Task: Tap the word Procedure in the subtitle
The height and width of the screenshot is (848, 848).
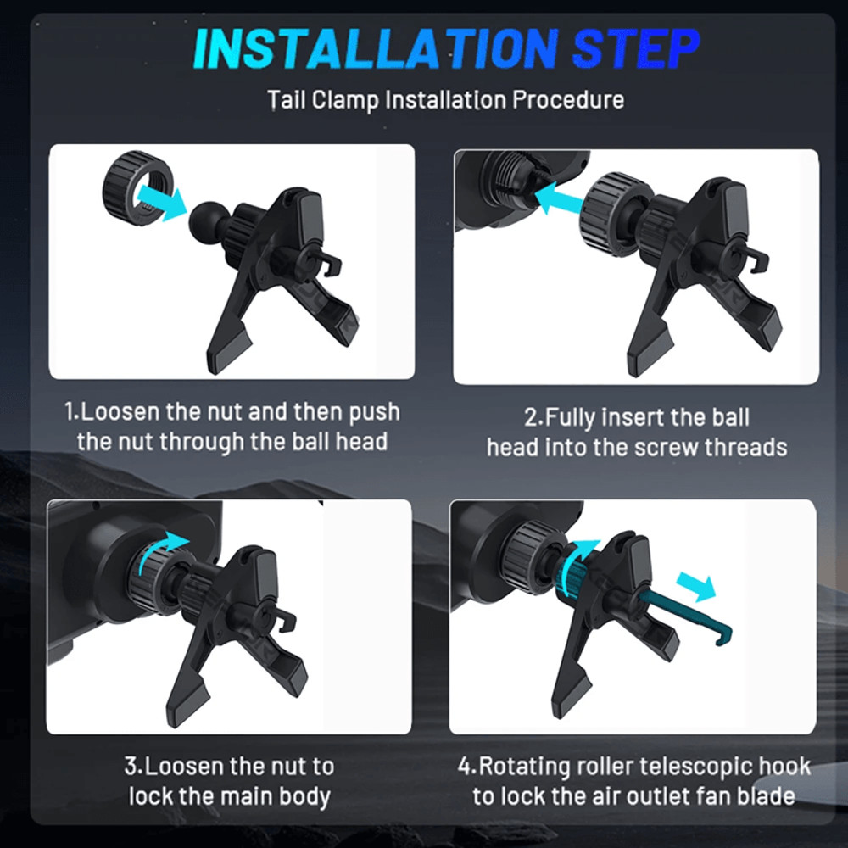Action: coord(568,100)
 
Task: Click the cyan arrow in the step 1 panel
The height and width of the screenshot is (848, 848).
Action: coord(160,201)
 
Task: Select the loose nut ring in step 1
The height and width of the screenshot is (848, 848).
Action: coord(138,187)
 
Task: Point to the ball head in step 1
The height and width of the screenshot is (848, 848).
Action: coord(205,219)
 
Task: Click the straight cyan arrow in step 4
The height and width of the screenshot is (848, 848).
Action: coord(696,586)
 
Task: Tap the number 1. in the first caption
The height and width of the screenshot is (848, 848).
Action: coord(72,412)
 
